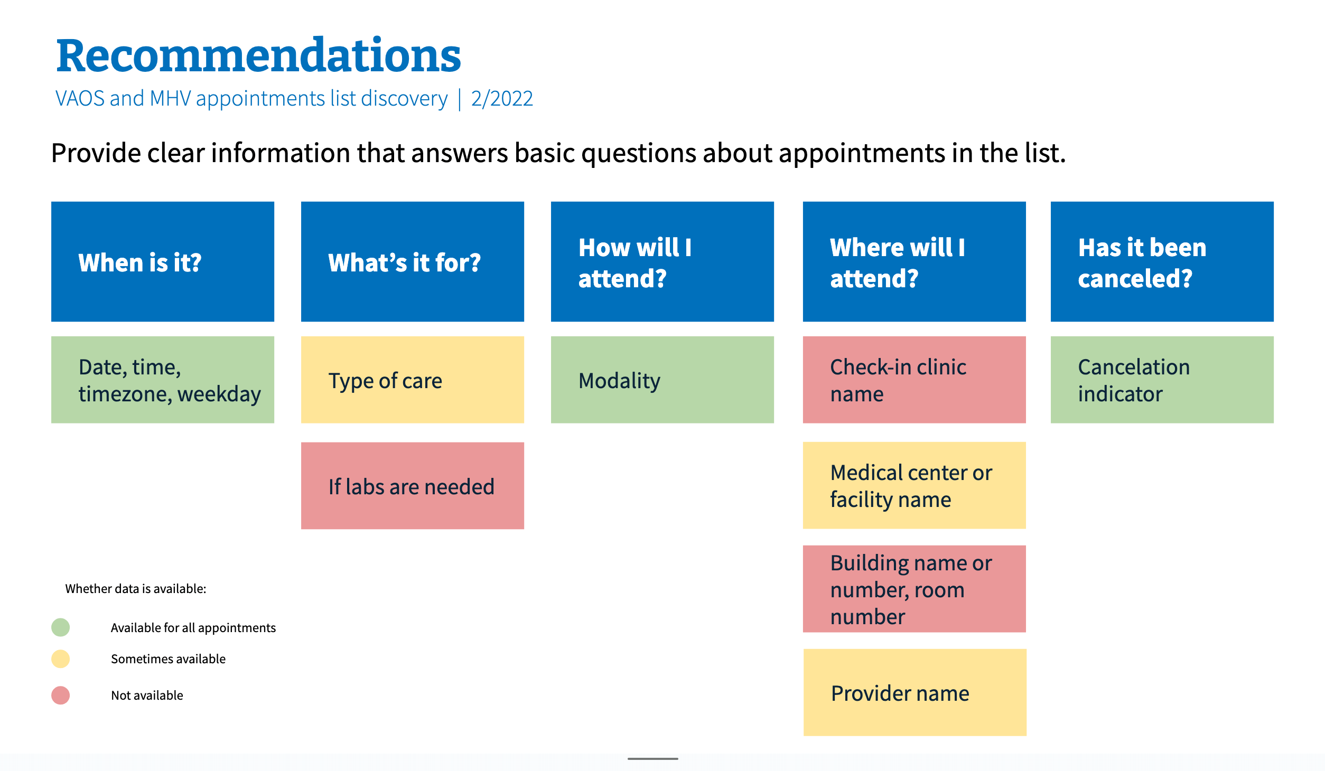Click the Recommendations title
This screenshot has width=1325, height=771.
(x=258, y=56)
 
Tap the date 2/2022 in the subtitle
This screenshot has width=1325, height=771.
(x=502, y=99)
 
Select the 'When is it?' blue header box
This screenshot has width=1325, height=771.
(x=162, y=261)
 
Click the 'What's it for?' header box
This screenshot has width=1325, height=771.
(x=412, y=261)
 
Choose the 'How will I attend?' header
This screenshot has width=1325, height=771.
(x=662, y=261)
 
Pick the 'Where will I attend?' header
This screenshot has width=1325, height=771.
(x=914, y=261)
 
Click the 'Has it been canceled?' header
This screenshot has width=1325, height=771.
(x=1162, y=261)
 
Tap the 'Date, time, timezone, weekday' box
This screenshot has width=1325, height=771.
(x=162, y=380)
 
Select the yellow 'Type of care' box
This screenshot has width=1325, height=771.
(x=412, y=380)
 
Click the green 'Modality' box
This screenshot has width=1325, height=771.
(x=662, y=380)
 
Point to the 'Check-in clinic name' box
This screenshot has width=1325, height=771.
(x=914, y=380)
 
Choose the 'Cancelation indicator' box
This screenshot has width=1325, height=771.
(x=1162, y=380)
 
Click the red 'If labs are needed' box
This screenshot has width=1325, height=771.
(x=412, y=486)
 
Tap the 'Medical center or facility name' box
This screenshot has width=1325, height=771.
(x=914, y=485)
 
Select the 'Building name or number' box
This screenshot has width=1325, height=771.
(x=914, y=589)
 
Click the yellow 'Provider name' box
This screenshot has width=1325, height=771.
(x=915, y=692)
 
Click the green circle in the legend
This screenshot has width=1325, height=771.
(x=61, y=627)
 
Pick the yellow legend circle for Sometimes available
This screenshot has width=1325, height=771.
(x=61, y=659)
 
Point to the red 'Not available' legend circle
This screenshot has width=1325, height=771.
(x=61, y=695)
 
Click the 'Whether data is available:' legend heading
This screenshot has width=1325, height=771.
(x=136, y=589)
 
